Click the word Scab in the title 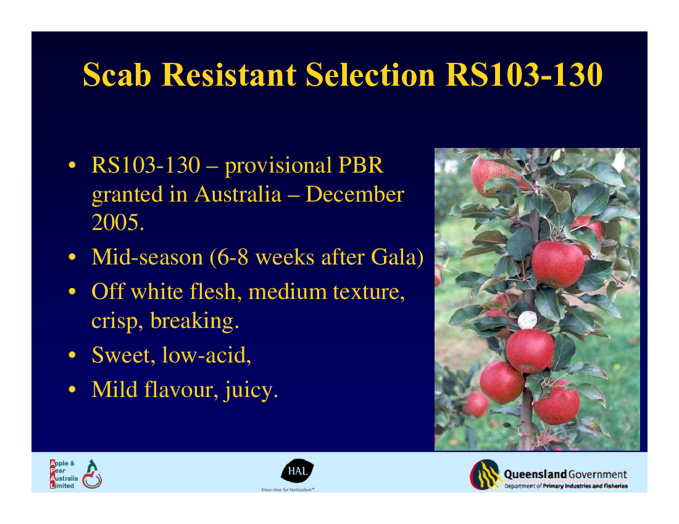click(117, 75)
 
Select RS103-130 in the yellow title click(524, 75)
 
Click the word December click(355, 194)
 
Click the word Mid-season click(148, 257)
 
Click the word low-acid click(206, 355)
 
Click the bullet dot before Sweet click(72, 355)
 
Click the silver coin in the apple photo click(527, 320)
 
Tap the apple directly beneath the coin click(530, 351)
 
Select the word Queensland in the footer click(535, 474)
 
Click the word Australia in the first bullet click(238, 194)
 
